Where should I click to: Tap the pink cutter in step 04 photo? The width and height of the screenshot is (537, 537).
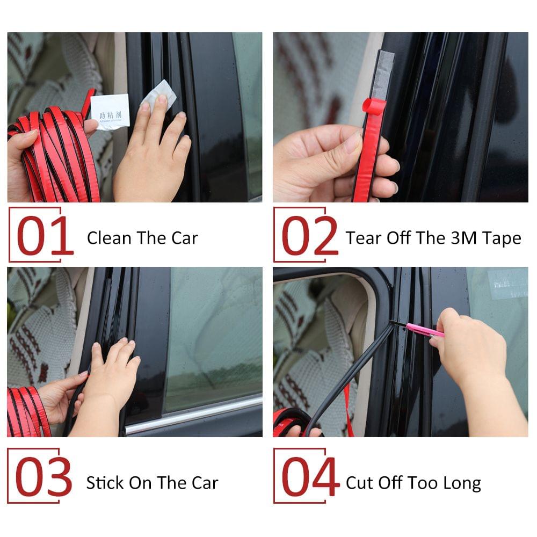424,330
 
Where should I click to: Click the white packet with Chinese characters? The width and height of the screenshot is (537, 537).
110,111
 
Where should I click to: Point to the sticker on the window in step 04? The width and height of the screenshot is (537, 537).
507,283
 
